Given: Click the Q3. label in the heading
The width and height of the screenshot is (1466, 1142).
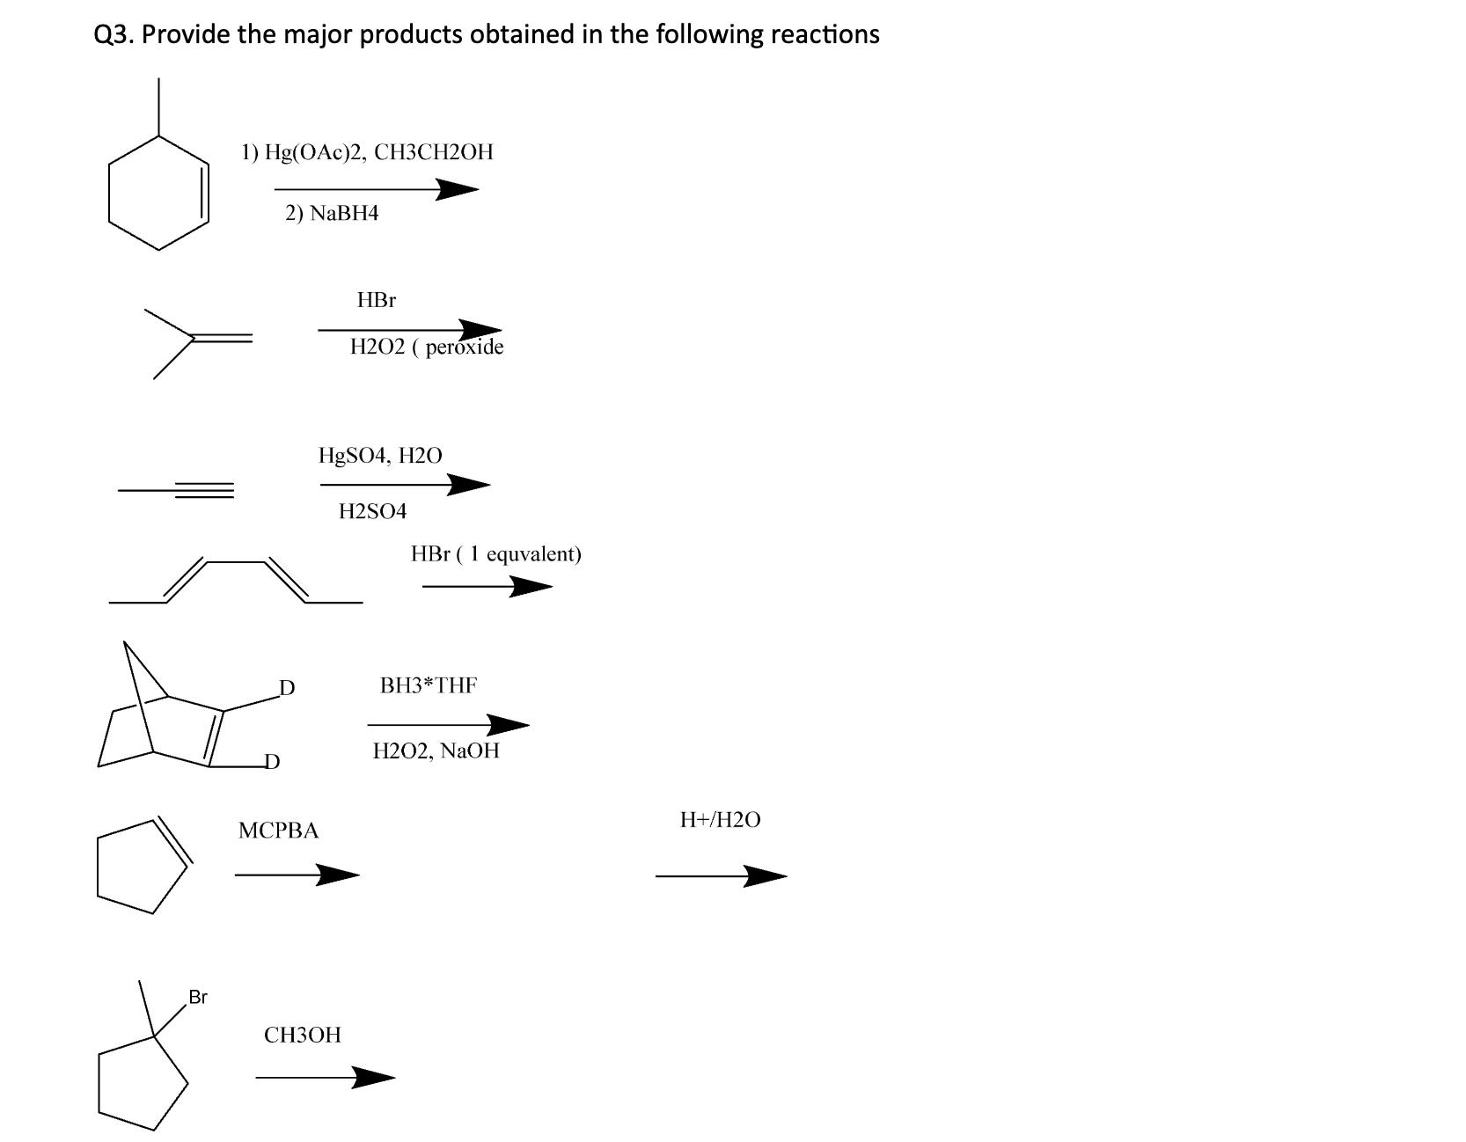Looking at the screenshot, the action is (114, 34).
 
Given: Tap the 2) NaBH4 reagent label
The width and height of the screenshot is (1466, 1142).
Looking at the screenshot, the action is (332, 213).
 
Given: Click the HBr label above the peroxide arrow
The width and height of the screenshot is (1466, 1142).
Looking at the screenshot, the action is (377, 300).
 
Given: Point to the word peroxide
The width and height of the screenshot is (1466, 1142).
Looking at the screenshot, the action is (465, 347).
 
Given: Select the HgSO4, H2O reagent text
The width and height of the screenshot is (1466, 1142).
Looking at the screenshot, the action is (380, 456).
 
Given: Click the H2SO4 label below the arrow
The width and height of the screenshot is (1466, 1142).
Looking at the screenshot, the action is (373, 511).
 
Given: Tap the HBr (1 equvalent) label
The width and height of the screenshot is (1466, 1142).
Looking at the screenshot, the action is (496, 554).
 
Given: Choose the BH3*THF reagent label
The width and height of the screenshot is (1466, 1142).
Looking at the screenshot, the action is (429, 685).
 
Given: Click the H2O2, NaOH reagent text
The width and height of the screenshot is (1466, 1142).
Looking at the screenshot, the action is (436, 751).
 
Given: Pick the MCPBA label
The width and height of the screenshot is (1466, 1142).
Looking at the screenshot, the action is (279, 831).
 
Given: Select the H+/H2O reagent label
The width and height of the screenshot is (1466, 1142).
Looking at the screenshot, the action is (721, 820).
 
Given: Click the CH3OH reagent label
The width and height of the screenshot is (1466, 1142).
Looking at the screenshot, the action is (303, 1035).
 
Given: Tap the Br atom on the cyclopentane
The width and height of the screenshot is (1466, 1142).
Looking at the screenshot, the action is (198, 997).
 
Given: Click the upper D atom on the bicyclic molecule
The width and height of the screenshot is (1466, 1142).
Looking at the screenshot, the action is (287, 687).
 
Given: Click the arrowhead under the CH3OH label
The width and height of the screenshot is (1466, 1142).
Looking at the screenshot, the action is (373, 1077).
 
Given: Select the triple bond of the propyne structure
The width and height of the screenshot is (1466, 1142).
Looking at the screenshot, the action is (204, 490).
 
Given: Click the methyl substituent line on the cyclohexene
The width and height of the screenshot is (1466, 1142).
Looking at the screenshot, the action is (158, 106).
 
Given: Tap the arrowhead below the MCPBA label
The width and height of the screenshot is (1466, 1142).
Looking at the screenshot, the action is (338, 875).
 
